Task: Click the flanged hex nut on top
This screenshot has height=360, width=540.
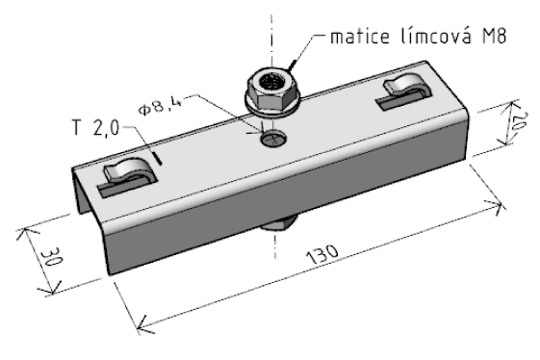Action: tap(272, 91)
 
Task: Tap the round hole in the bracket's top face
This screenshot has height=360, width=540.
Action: tap(273, 138)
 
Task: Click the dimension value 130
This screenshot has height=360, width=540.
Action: tap(322, 254)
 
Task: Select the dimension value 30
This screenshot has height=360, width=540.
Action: tap(52, 257)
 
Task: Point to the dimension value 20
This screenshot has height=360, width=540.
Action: tap(519, 120)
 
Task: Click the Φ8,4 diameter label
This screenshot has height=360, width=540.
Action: tap(160, 107)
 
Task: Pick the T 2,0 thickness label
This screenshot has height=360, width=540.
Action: tap(95, 127)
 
